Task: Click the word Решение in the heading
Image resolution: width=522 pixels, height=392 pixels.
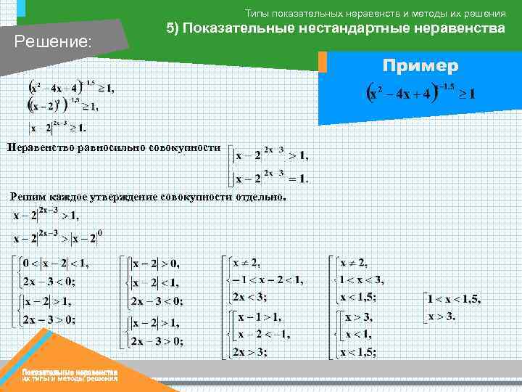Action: pyautogui.click(x=51, y=42)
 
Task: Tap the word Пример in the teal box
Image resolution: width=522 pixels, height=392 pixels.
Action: pyautogui.click(x=420, y=66)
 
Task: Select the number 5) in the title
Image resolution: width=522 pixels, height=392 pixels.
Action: pyautogui.click(x=173, y=28)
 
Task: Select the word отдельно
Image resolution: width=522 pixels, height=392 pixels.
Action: pyautogui.click(x=259, y=197)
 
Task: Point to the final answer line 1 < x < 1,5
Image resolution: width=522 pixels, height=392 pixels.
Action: pyautogui.click(x=452, y=299)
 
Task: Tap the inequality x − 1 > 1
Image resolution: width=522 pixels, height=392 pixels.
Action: pyautogui.click(x=261, y=317)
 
